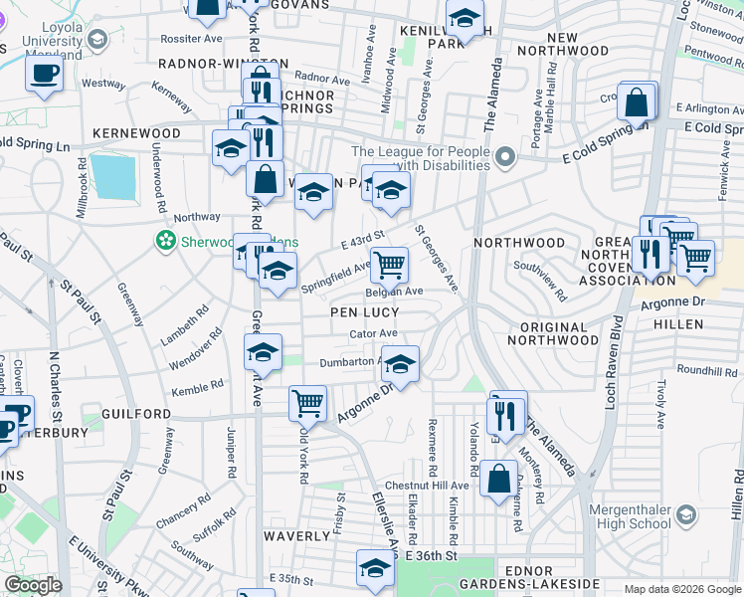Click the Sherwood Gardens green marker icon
pos(165,240)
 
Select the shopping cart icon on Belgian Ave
pos(390,265)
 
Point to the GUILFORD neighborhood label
pos(136,413)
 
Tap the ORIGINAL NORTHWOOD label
pos(547,333)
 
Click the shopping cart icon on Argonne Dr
pos(308,403)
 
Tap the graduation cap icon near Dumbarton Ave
pos(400,363)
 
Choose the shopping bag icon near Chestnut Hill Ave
pos(498,479)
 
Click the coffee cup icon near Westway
pos(44,74)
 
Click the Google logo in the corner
pos(33,585)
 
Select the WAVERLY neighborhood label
pos(296,535)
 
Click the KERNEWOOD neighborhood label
pos(136,133)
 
